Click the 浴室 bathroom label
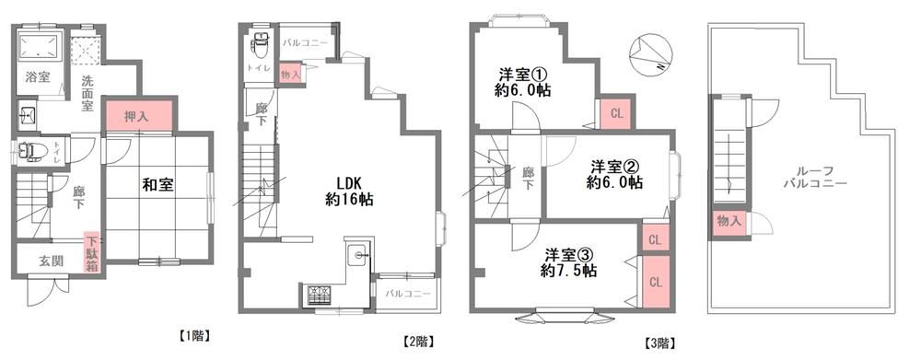point(37,76)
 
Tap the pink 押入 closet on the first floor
point(139,116)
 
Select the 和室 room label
point(157,185)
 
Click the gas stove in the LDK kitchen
point(320,293)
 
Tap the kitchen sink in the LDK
point(357,255)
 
